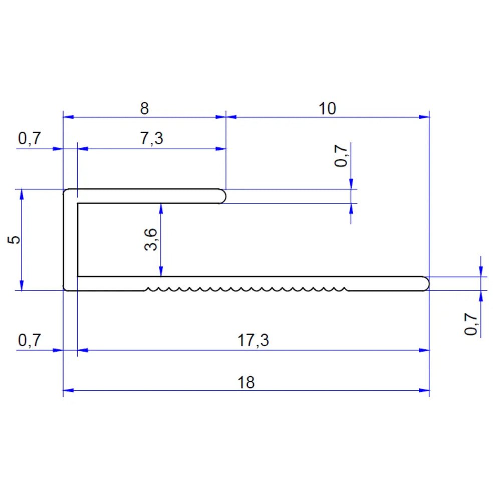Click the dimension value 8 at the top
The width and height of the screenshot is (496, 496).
point(144,109)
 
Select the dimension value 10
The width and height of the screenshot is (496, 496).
point(327,109)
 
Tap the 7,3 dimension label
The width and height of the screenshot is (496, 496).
point(151,139)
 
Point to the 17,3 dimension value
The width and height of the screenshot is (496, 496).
point(253,340)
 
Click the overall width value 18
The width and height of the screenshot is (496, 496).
point(246,382)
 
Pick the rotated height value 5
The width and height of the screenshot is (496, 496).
point(14,240)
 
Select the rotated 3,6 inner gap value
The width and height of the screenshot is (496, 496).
point(151,239)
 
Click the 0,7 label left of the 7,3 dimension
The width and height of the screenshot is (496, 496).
point(30,139)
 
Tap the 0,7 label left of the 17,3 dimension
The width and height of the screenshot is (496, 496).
point(30,340)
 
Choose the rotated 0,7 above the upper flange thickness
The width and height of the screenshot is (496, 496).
point(341,156)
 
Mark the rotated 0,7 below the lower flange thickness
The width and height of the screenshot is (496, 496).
point(470,324)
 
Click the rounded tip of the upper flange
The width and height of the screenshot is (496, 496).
point(222,196)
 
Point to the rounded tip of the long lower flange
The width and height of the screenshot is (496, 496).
point(425,284)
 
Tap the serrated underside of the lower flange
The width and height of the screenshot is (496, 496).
point(246,289)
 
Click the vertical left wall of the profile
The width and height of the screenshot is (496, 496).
point(71,240)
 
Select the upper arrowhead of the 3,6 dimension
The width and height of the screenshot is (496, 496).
point(161,209)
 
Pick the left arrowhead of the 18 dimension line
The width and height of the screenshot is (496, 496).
point(68,390)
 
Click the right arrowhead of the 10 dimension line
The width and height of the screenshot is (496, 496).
point(424,117)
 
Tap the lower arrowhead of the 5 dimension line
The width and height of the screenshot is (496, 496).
point(22,285)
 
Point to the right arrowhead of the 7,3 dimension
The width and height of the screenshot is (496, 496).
point(221,149)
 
